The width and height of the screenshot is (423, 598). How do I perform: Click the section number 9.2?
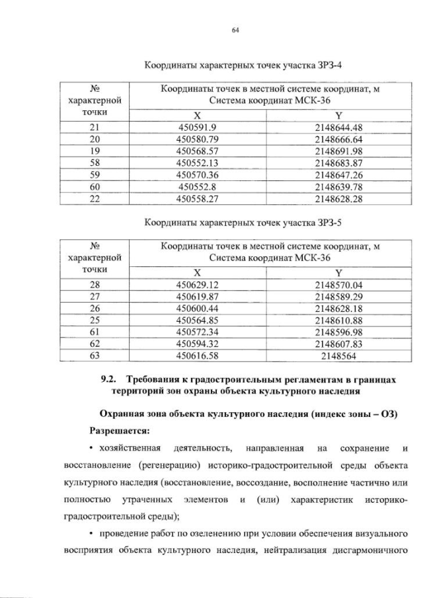(x=107, y=378)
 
